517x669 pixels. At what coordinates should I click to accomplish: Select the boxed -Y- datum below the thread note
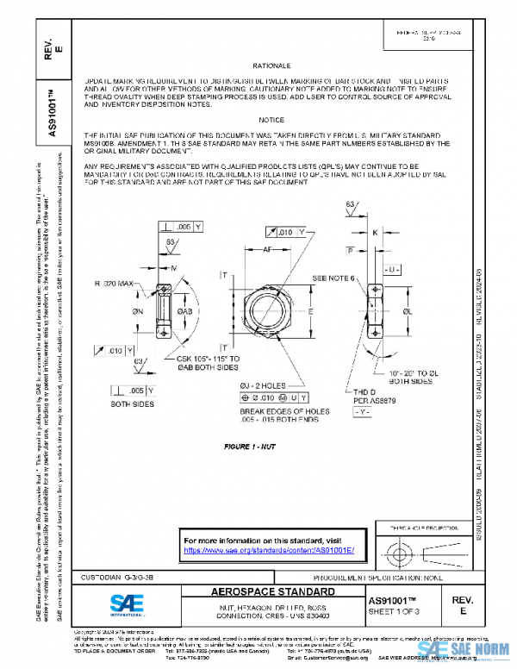pyautogui.click(x=363, y=413)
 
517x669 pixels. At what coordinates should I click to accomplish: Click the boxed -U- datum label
pyautogui.click(x=392, y=270)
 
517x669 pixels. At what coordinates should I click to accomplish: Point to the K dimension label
pyautogui.click(x=375, y=232)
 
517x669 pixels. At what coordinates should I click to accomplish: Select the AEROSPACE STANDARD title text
pyautogui.click(x=272, y=593)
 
